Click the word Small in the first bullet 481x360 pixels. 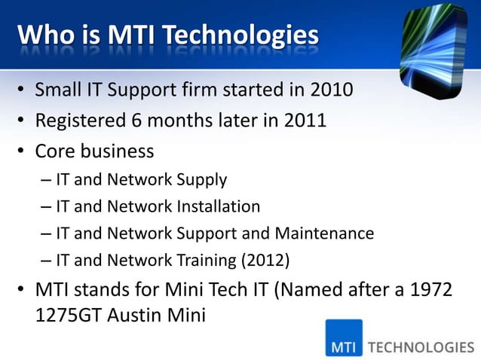pos(59,91)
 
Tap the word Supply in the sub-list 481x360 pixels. pos(201,180)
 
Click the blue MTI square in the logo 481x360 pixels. pos(344,339)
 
